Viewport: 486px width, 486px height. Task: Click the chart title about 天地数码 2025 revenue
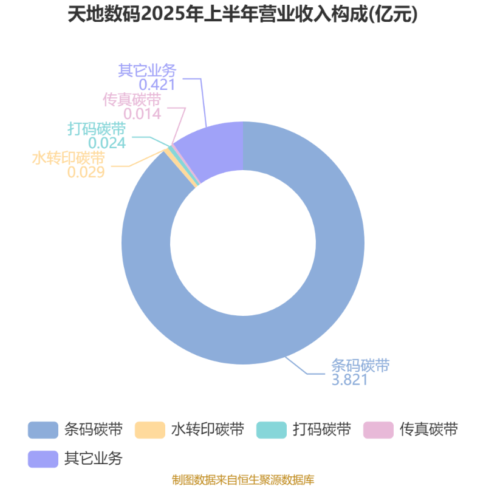click(242, 14)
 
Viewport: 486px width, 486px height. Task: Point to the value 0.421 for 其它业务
click(157, 84)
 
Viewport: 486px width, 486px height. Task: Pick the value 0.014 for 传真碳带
click(142, 114)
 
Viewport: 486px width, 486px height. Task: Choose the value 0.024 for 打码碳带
click(107, 143)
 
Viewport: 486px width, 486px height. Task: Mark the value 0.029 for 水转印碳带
click(86, 172)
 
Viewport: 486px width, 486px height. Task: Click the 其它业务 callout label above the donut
click(147, 70)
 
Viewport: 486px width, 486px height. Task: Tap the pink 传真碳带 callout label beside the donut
click(132, 100)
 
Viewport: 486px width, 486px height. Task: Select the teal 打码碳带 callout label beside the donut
click(97, 129)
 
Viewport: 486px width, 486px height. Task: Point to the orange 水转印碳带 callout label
click(69, 158)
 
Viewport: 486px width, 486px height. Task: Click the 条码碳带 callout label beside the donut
click(360, 366)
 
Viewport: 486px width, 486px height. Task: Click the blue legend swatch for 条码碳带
click(43, 430)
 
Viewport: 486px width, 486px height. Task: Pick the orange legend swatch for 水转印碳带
click(150, 430)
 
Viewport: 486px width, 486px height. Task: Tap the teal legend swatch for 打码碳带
click(272, 430)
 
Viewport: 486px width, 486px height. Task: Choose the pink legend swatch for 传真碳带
click(378, 430)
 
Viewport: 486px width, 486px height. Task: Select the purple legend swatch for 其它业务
click(43, 459)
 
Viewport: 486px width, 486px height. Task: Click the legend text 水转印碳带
click(208, 430)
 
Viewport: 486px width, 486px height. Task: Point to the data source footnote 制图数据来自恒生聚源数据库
click(243, 479)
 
